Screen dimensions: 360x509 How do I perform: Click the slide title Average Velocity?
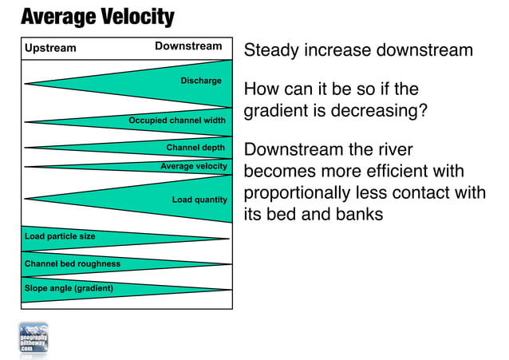click(97, 16)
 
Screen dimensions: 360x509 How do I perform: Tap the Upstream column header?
click(50, 48)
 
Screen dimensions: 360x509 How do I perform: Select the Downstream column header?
click(188, 46)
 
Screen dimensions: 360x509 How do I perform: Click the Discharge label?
click(201, 81)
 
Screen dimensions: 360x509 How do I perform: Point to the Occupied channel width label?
click(177, 121)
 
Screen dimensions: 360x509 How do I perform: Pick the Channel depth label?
click(196, 148)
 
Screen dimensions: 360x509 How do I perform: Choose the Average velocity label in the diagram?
click(194, 166)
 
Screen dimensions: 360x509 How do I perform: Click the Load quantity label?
click(199, 200)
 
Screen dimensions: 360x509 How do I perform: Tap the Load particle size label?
click(60, 236)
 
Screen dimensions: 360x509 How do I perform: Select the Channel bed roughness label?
click(73, 263)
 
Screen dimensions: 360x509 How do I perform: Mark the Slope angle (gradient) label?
click(69, 288)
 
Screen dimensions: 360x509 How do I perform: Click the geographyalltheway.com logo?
click(34, 339)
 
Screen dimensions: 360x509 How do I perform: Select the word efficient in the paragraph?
click(391, 172)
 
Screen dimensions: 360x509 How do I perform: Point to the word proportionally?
click(302, 193)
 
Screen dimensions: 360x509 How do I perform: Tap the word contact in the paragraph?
click(422, 193)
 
